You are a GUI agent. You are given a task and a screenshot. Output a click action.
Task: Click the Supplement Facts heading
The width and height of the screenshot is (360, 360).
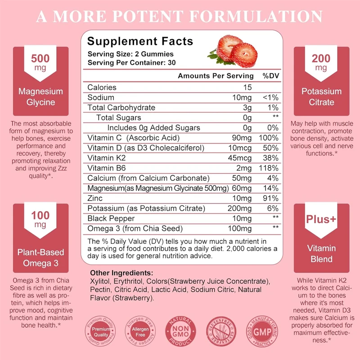point(140,41)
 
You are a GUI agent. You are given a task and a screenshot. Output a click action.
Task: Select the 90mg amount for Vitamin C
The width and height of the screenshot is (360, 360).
point(243,138)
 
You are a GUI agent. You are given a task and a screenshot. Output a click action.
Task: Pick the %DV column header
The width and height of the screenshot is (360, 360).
point(271,76)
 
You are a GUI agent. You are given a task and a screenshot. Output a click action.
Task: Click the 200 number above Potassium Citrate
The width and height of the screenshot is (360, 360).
point(321,58)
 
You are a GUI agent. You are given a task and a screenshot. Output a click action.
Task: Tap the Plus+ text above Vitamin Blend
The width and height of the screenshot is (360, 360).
point(321,220)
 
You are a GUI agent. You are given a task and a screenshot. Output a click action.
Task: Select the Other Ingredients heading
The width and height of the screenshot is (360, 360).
point(121,273)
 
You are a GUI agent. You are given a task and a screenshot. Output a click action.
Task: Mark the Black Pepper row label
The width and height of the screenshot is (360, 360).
point(108,218)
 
